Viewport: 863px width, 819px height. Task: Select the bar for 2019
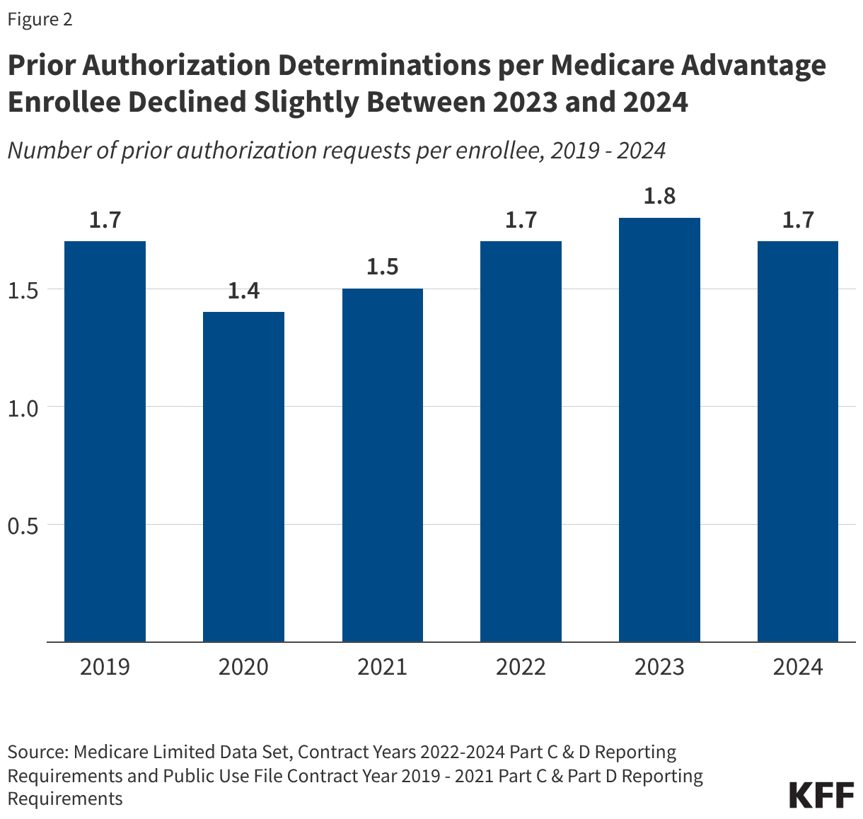point(105,441)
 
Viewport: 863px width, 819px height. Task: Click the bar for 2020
point(243,477)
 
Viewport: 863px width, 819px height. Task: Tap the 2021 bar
point(383,465)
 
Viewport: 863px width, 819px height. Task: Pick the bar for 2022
point(521,441)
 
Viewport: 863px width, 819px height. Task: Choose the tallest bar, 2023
point(659,429)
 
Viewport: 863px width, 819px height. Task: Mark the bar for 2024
point(798,441)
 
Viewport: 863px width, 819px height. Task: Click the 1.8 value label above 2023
point(659,196)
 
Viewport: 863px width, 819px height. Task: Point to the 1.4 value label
point(243,291)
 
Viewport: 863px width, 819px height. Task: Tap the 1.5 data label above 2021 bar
point(383,267)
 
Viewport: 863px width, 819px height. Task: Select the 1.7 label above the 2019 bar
point(105,220)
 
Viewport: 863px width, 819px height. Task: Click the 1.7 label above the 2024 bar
point(798,220)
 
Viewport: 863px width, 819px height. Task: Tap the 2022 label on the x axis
point(521,667)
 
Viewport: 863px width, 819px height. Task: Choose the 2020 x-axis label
point(243,667)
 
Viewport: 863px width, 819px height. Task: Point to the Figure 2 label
point(40,20)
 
